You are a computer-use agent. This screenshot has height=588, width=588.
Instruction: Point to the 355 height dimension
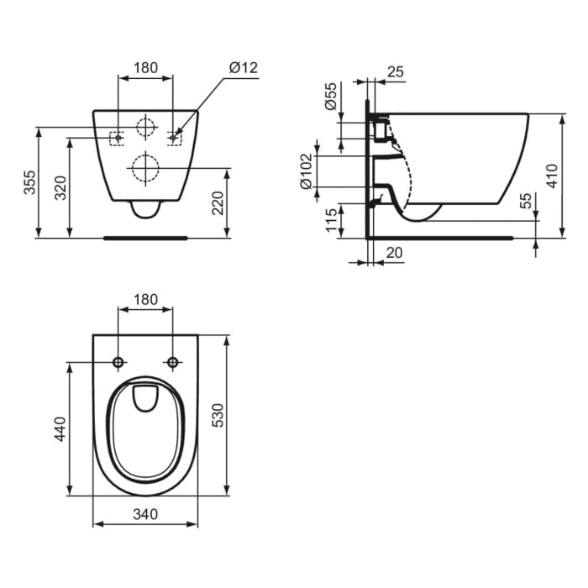pyautogui.click(x=29, y=182)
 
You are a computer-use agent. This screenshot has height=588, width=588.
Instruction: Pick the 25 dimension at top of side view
pyautogui.click(x=396, y=72)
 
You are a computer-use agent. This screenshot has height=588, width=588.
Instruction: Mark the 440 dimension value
pyautogui.click(x=60, y=428)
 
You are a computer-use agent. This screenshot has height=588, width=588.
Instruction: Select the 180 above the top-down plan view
pyautogui.click(x=145, y=299)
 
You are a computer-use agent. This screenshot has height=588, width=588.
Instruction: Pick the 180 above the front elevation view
pyautogui.click(x=145, y=68)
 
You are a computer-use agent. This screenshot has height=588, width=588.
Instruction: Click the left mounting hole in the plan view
pyautogui.click(x=118, y=362)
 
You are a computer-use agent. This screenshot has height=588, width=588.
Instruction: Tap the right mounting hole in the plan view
pyautogui.click(x=173, y=362)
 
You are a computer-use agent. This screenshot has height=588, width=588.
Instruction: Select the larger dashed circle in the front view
pyautogui.click(x=145, y=168)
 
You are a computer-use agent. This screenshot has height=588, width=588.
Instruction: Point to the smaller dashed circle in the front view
pyautogui.click(x=145, y=128)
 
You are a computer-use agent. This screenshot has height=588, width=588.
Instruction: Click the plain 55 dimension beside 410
pyautogui.click(x=527, y=201)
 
